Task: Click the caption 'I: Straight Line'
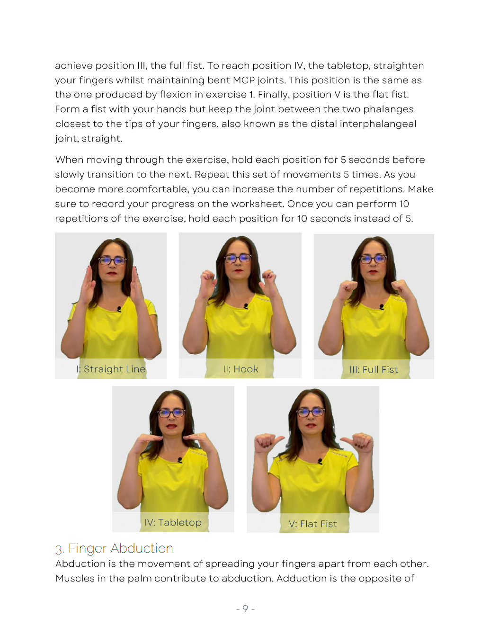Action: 111,369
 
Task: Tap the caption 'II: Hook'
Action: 241,369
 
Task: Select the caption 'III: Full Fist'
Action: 374,370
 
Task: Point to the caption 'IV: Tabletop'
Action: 173,523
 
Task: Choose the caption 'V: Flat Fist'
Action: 313,524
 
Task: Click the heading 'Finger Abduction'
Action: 120,548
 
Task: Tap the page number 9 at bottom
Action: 245,609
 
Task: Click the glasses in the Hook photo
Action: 238,259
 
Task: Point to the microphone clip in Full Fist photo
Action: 382,307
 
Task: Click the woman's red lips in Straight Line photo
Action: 112,273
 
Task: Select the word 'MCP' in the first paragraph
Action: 243,80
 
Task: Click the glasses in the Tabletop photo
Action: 171,413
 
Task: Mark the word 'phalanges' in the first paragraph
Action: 388,109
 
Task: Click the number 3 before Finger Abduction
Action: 59,550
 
